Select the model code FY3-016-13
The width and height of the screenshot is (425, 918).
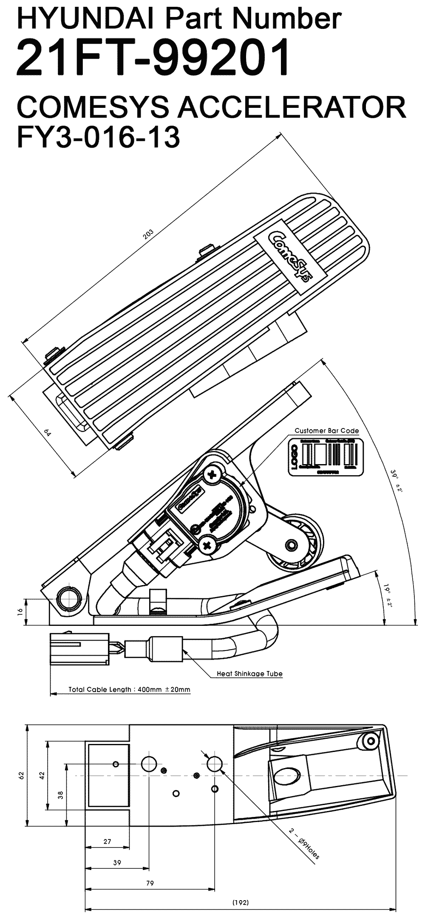click(x=98, y=137)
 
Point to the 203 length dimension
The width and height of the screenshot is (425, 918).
click(x=148, y=234)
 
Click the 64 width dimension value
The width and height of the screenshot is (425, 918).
click(x=48, y=434)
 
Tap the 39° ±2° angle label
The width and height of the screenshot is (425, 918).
click(x=396, y=481)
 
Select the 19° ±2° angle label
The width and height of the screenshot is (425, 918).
click(x=388, y=596)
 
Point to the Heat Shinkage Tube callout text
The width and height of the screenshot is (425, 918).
click(x=249, y=673)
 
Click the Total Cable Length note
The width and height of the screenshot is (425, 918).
click(x=130, y=689)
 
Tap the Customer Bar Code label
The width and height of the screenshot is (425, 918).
click(x=326, y=431)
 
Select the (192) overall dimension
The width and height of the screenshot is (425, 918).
click(x=241, y=902)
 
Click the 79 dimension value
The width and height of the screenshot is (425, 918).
click(x=150, y=883)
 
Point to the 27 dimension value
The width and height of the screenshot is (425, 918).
click(x=107, y=841)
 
